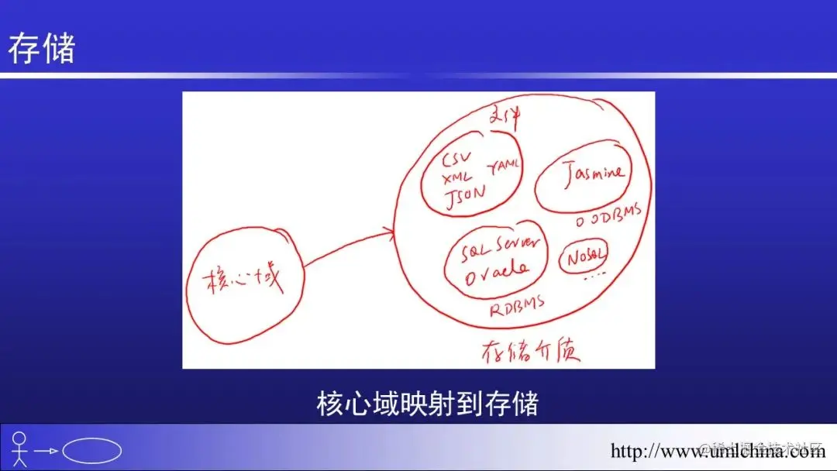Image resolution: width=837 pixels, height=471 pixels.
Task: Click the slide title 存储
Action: pyautogui.click(x=42, y=49)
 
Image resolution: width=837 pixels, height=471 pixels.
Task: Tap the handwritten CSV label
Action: pyautogui.click(x=456, y=161)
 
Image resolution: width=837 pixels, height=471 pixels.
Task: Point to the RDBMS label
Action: pyautogui.click(x=517, y=305)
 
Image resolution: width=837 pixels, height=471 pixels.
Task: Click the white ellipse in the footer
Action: pyautogui.click(x=91, y=451)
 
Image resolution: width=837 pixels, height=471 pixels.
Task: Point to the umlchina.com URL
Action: pyautogui.click(x=718, y=451)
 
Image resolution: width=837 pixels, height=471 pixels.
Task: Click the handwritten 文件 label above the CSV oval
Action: pyautogui.click(x=505, y=118)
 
